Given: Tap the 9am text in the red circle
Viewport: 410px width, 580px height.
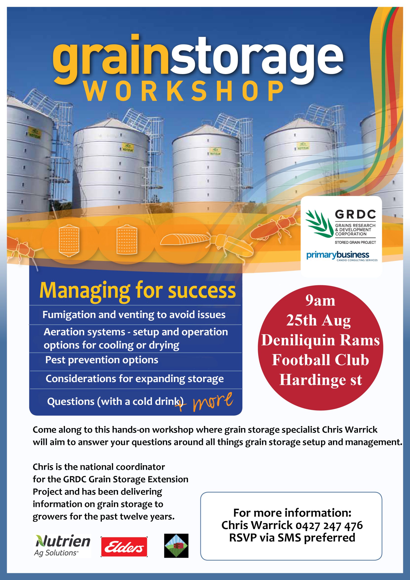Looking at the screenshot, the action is [x=320, y=301].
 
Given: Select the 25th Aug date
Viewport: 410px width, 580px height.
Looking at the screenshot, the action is [x=318, y=321].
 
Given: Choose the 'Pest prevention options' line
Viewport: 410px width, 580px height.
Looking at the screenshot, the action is [x=101, y=360].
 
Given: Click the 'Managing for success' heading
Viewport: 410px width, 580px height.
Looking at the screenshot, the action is [x=137, y=291].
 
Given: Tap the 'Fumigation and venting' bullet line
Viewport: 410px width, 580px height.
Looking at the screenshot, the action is [x=134, y=315].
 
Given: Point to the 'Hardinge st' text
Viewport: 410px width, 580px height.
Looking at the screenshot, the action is [x=321, y=380].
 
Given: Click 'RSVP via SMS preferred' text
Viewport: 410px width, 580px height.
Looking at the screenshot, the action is [x=292, y=538].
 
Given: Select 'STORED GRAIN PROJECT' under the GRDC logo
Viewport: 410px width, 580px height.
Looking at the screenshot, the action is [x=355, y=242].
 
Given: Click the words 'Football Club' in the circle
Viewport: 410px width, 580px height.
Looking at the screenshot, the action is [x=320, y=360].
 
